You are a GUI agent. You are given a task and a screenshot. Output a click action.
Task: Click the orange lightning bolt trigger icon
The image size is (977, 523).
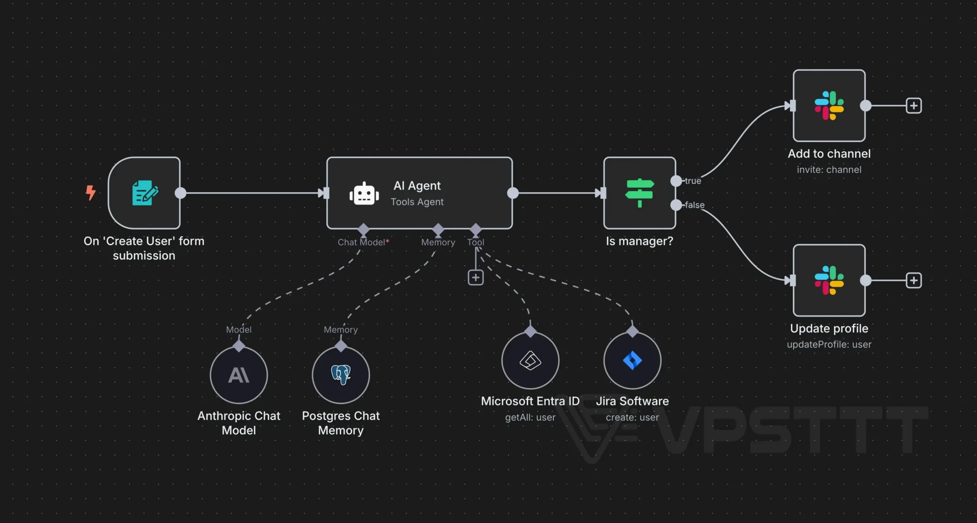90,193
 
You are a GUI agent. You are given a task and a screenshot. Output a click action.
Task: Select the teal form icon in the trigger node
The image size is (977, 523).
145,193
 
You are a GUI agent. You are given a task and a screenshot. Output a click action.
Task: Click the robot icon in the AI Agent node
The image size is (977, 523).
364,193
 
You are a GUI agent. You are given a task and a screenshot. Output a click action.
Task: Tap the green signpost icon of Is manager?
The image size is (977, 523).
640,193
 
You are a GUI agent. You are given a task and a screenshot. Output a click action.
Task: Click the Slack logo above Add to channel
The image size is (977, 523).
829,106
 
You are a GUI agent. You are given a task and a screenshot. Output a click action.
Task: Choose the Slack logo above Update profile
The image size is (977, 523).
829,280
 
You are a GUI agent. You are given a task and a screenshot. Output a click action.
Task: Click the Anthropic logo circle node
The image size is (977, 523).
239,375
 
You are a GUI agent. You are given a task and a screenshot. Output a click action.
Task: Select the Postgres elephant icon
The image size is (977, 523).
341,375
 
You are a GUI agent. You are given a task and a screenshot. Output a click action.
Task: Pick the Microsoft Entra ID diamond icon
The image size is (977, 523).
530,360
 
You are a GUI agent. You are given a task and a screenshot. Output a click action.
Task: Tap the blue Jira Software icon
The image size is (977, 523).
632,360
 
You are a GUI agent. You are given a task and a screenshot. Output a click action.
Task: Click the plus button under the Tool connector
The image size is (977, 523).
476,278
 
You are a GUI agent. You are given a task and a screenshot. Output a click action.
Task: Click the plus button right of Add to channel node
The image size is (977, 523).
914,106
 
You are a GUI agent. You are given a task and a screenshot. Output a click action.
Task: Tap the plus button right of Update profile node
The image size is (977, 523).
914,281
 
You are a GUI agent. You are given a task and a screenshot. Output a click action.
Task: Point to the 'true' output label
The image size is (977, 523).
693,181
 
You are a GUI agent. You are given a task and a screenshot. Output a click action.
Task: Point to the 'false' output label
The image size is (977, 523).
695,205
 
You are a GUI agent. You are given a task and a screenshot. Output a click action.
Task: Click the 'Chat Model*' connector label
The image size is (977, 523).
363,242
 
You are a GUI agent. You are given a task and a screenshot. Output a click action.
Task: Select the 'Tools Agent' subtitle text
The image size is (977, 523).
417,202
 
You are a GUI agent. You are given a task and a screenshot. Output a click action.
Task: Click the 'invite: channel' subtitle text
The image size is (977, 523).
829,170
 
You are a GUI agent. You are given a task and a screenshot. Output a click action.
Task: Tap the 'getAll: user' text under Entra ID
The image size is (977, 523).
530,417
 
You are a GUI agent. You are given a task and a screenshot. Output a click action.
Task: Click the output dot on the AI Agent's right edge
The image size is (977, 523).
513,193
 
